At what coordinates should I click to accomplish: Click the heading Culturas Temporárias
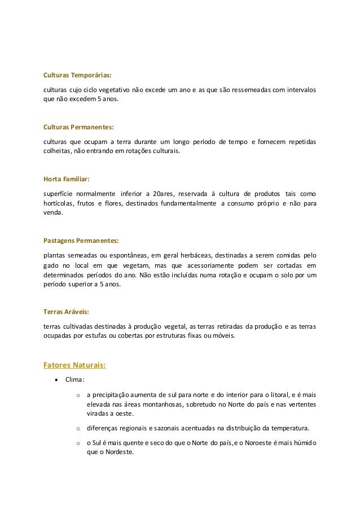[x=77, y=75]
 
